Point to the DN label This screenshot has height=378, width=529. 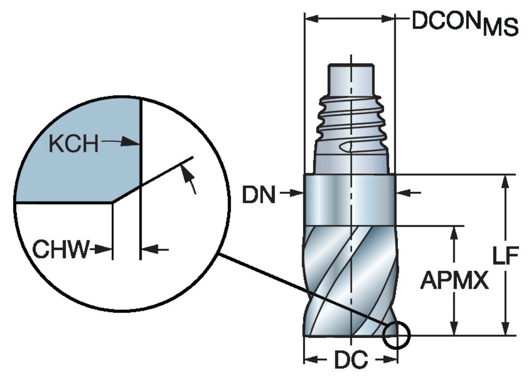click(x=259, y=194)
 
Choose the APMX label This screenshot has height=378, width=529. click(x=455, y=280)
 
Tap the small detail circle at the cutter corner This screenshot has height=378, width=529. click(x=396, y=335)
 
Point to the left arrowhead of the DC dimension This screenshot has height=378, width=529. click(x=310, y=360)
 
